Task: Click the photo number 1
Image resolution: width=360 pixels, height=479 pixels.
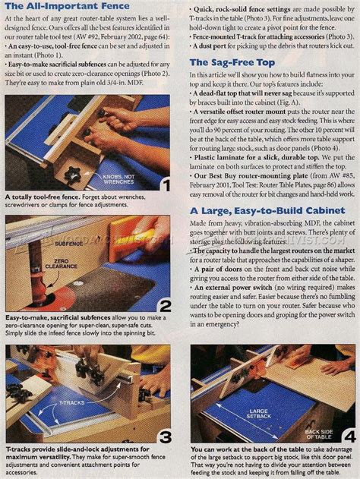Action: (164, 184)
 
